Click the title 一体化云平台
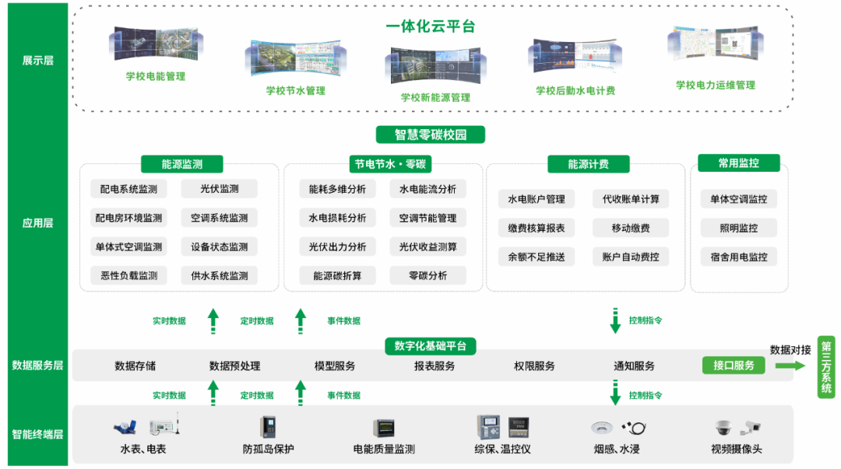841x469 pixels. [x=430, y=26]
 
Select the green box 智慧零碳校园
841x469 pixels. [x=430, y=135]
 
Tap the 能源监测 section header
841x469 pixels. [x=181, y=164]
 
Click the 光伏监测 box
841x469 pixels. [x=219, y=189]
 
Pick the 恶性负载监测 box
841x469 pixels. [x=128, y=275]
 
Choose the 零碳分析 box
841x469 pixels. [x=428, y=275]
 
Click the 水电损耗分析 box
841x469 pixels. [x=337, y=218]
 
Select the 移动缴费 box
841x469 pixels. [x=630, y=228]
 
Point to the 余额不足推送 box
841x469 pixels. [x=536, y=257]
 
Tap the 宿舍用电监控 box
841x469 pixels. [x=738, y=257]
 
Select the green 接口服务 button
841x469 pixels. [x=734, y=366]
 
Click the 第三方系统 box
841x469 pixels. [x=826, y=366]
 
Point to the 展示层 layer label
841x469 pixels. [x=38, y=60]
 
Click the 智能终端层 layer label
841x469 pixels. [x=38, y=434]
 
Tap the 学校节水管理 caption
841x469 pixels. [x=295, y=90]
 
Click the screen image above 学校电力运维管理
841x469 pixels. [x=714, y=47]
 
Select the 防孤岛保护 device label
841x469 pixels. [x=268, y=449]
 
